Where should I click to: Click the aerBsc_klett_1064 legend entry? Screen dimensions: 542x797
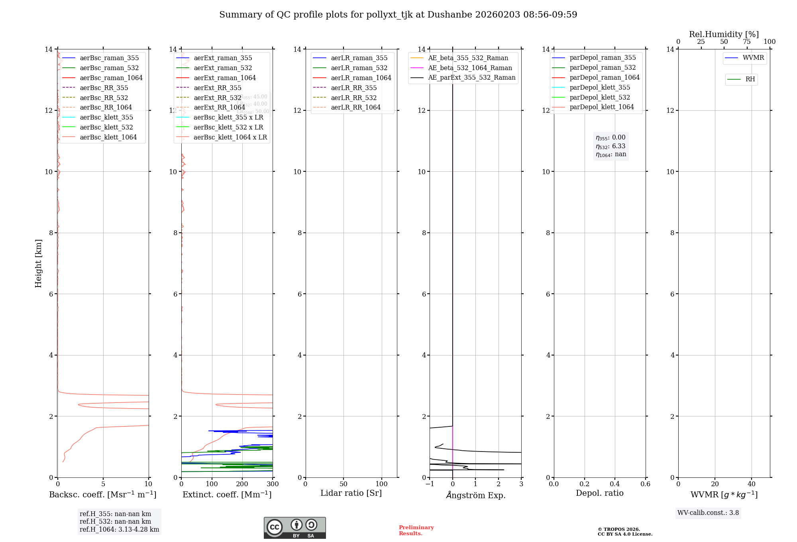click(108, 137)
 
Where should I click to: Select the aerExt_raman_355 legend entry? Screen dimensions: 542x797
click(223, 58)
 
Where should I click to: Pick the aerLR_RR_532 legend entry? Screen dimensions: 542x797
click(353, 98)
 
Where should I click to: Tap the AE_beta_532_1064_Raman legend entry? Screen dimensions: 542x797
click(470, 68)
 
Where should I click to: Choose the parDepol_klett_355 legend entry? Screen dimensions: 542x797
click(600, 87)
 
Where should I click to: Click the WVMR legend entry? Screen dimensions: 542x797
click(753, 58)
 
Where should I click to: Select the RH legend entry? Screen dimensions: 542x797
click(750, 79)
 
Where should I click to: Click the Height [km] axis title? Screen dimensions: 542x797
click(38, 263)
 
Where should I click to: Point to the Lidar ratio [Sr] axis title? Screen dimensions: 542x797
click(351, 493)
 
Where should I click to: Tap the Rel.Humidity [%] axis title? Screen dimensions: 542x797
click(724, 34)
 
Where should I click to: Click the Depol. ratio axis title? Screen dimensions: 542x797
click(599, 493)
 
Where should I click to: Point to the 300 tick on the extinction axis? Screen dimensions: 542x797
click(273, 484)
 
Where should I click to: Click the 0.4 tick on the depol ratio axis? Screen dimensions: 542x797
click(615, 484)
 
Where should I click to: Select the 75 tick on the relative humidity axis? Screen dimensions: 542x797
click(747, 42)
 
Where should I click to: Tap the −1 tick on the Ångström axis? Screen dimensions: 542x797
click(430, 484)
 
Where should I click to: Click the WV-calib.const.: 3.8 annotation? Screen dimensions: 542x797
click(708, 513)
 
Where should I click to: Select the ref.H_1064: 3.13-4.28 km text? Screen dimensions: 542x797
click(119, 530)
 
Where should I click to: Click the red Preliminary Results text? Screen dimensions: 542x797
click(416, 530)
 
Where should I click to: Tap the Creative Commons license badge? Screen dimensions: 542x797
click(294, 528)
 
